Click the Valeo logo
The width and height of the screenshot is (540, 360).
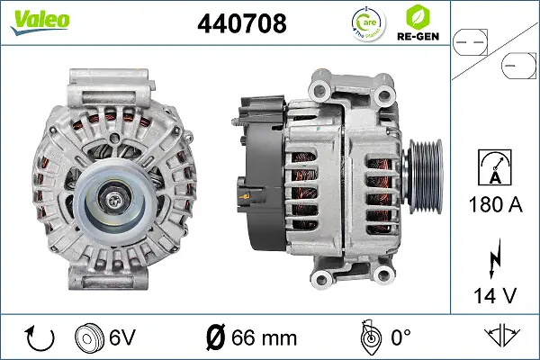40,22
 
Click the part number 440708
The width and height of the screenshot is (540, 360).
242,23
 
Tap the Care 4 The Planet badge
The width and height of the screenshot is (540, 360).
368,23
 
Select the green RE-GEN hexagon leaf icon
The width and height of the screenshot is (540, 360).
418,17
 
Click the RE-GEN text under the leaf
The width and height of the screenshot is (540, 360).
418,36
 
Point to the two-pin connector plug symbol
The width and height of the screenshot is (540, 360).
470,42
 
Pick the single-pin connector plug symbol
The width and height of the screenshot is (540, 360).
518,66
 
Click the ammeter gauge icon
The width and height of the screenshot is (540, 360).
495,167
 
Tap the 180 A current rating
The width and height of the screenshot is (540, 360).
496,204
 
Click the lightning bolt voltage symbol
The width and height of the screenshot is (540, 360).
495,257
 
